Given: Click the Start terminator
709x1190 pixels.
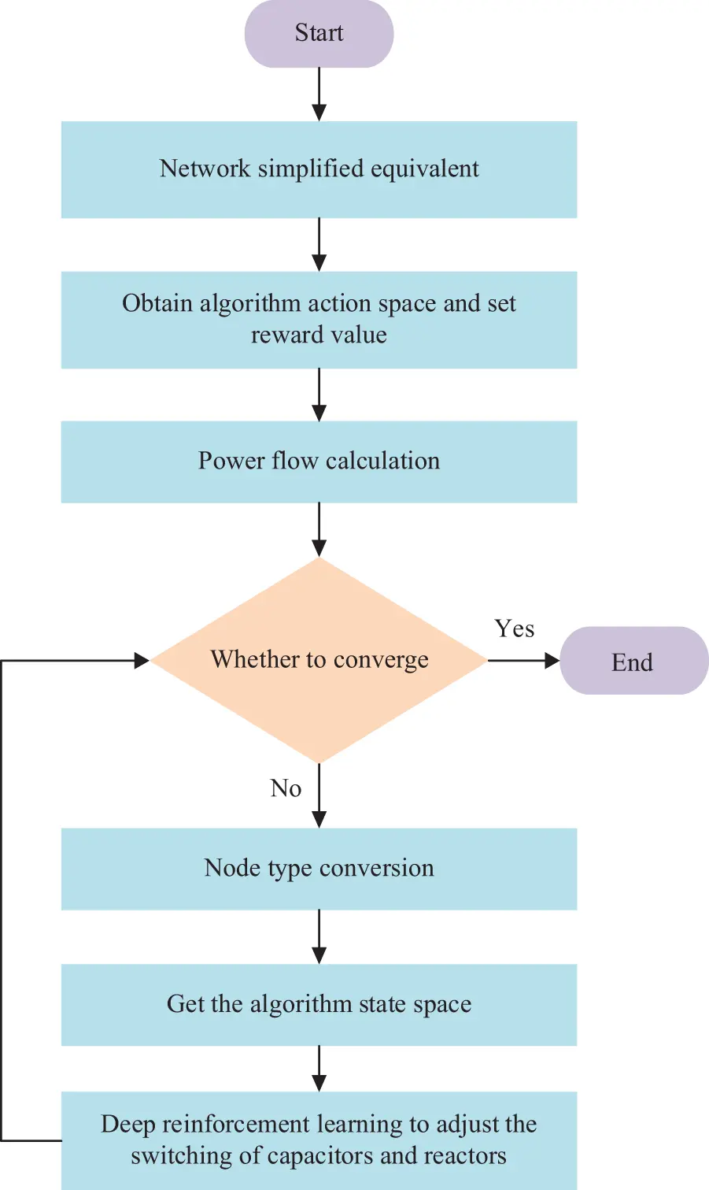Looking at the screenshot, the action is [x=319, y=34].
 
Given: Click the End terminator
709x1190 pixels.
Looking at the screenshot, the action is [x=633, y=662].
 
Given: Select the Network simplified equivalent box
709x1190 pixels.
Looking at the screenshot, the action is [x=319, y=169].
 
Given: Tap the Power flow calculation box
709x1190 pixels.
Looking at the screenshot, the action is [x=319, y=462].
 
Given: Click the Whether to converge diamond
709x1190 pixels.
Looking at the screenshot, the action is [x=319, y=660].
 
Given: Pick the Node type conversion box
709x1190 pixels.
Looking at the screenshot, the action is [x=319, y=869].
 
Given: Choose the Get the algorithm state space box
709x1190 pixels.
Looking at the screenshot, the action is [x=319, y=1005].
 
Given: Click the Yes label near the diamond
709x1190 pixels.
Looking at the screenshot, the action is [x=515, y=628].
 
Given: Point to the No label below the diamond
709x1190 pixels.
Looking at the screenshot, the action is [x=286, y=788].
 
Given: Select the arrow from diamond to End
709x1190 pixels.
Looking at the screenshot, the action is [x=523, y=661].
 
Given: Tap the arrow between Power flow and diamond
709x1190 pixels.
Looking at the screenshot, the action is [x=319, y=529].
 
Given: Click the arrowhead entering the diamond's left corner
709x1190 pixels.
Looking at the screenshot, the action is [x=142, y=661].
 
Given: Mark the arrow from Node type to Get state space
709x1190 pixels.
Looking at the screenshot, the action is [x=319, y=936].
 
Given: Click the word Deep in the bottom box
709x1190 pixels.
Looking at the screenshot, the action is [x=127, y=1125].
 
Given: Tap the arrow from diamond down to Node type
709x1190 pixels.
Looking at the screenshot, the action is [x=319, y=795].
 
